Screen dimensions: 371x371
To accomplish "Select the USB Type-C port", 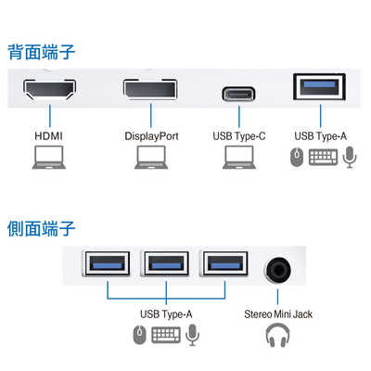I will point(238,94).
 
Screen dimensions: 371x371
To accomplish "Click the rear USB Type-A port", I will point(320,88).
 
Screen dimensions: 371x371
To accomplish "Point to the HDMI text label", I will point(49,136).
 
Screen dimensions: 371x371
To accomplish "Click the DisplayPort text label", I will point(151,136).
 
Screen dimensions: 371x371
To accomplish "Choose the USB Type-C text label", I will point(239,136).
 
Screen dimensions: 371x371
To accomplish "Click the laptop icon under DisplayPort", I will point(149,161).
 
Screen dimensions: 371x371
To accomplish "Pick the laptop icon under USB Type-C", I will point(238,161).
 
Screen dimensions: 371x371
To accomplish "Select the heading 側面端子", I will point(41,227).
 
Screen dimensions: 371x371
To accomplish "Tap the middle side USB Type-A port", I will point(167,265).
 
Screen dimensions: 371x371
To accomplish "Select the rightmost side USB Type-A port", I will point(225,265).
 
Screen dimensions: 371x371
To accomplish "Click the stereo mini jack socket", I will point(277,268).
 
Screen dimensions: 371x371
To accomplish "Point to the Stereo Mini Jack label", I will point(277,314).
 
